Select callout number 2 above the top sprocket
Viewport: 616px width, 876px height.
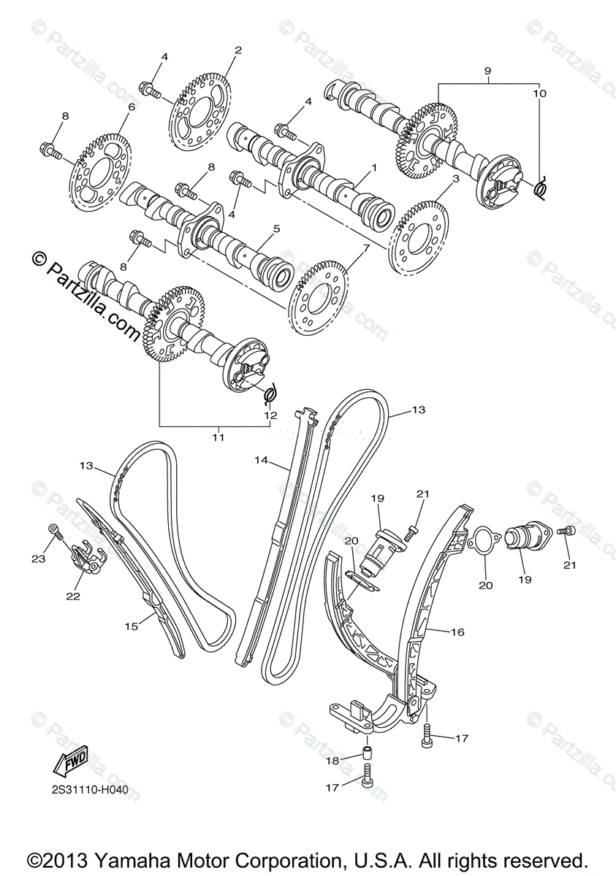click(x=237, y=50)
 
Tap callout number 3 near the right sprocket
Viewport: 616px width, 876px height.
click(x=455, y=178)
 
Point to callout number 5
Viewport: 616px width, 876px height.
click(x=276, y=228)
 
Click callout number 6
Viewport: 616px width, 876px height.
click(x=132, y=107)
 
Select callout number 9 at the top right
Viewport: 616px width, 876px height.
click(x=487, y=71)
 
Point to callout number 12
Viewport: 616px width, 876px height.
click(x=270, y=415)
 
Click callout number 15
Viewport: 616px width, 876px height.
click(x=131, y=626)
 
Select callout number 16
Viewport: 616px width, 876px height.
click(x=457, y=632)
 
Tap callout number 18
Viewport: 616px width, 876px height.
click(x=332, y=761)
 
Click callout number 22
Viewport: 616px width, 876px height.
click(x=72, y=596)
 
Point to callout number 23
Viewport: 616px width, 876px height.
click(x=38, y=558)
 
